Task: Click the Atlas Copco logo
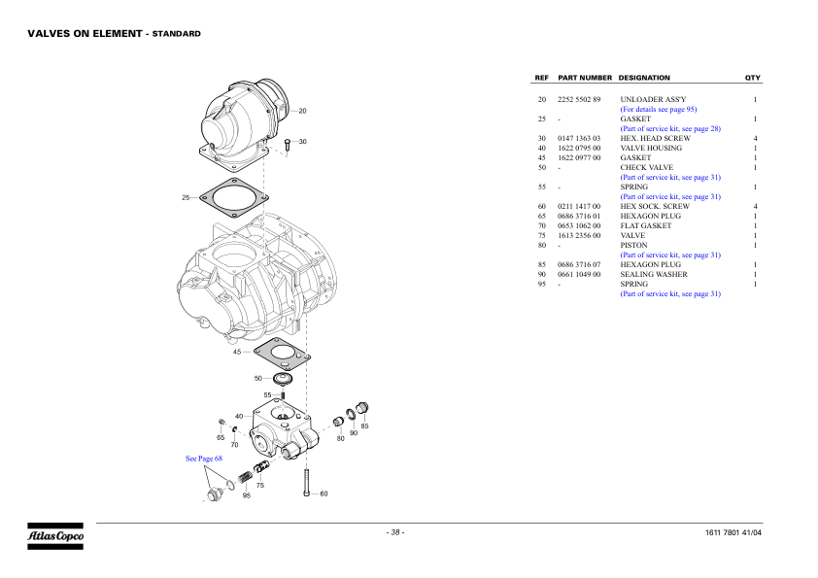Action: point(54,535)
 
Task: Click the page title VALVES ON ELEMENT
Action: point(85,33)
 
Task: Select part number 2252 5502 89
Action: point(579,100)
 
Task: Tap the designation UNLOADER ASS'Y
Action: point(653,100)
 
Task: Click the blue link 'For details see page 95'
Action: point(659,110)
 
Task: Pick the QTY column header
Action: point(752,78)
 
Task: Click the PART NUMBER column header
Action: point(585,78)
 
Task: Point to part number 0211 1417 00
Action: point(579,207)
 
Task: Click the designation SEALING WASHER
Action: point(654,275)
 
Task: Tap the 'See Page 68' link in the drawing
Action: point(204,458)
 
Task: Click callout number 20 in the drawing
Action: point(302,111)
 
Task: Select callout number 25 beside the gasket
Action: point(186,198)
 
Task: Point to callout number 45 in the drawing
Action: point(237,353)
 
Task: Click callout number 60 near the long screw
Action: point(324,493)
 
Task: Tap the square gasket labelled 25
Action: point(232,198)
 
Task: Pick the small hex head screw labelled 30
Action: point(288,145)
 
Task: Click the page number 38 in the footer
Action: point(395,532)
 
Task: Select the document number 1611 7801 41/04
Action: point(733,533)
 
